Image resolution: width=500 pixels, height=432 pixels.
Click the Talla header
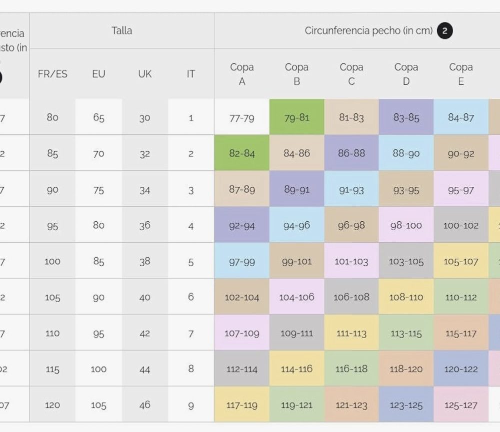(122, 30)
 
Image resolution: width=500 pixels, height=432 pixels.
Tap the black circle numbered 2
(444, 31)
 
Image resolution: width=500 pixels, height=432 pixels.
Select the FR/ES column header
(52, 74)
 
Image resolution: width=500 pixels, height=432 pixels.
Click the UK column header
(144, 74)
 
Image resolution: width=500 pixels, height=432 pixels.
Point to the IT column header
(190, 74)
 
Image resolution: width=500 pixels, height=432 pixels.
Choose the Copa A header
(242, 74)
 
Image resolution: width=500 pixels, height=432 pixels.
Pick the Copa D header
(406, 74)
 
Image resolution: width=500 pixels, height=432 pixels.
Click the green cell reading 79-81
(296, 117)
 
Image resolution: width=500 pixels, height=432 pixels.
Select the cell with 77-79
(242, 117)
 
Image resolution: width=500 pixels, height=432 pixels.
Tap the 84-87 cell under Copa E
(460, 117)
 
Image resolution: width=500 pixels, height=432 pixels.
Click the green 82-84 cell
(242, 153)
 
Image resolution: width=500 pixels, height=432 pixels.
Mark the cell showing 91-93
(351, 190)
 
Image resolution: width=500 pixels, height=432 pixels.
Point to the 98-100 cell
(406, 225)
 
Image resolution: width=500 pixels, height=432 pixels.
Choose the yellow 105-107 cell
(460, 261)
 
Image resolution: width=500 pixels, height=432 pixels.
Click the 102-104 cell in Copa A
(242, 297)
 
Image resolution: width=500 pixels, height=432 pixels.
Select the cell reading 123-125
(406, 405)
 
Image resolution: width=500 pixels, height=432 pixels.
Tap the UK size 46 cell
(144, 405)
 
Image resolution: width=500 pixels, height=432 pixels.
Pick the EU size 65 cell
(98, 117)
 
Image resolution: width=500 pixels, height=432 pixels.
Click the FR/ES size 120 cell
(52, 405)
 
